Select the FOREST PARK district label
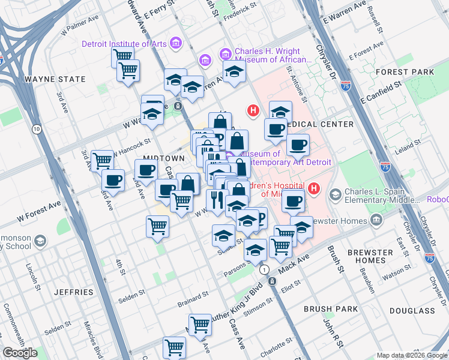point(413,72)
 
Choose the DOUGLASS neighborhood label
point(412,311)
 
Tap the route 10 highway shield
point(37,129)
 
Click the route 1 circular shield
point(263,270)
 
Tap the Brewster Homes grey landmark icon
point(376,220)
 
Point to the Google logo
point(20,353)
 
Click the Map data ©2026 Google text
point(411,355)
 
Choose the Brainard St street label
point(193,298)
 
